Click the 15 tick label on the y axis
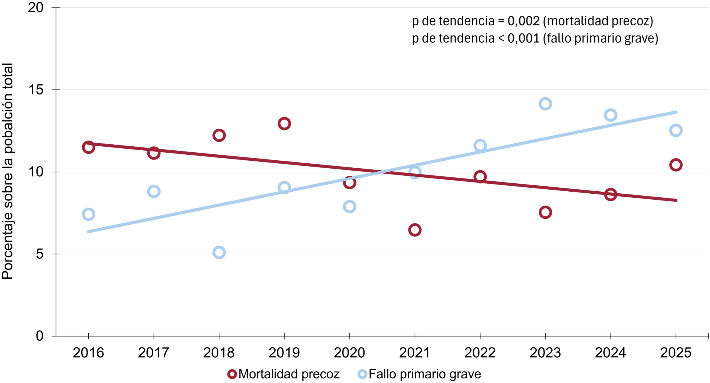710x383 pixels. click(36, 90)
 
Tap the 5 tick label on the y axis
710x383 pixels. click(40, 254)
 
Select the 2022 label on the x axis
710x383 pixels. click(480, 353)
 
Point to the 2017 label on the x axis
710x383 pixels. click(154, 353)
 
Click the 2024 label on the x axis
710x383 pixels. click(611, 353)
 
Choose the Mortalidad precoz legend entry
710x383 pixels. click(284, 374)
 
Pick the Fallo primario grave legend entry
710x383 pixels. click(420, 374)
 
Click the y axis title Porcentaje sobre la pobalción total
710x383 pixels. click(7, 171)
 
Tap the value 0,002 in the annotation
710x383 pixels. click(524, 21)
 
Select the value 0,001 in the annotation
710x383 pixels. click(524, 38)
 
